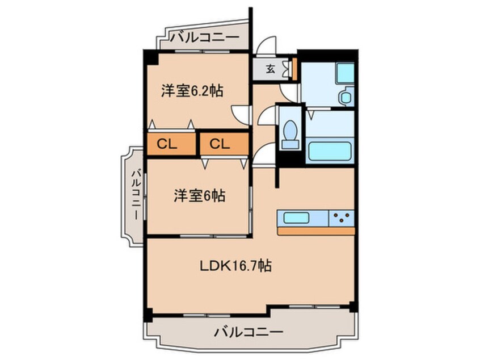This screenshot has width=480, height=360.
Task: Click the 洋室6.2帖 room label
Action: pos(192,90)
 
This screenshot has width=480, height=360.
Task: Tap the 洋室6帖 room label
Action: pos(200,195)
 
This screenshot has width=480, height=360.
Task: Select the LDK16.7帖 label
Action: pos(235,265)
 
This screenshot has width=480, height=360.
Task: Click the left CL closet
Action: pos(171,144)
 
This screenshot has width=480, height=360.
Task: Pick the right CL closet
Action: pos(224,144)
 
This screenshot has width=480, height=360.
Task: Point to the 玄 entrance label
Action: pos(270,69)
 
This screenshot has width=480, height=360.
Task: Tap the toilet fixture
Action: pos(290,135)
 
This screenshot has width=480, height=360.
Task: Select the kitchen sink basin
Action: pos(296,218)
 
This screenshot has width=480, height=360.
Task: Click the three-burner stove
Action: pos(342,218)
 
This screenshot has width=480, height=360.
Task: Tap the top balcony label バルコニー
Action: pos(204,37)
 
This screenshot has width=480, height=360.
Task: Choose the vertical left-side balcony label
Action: pos(136,194)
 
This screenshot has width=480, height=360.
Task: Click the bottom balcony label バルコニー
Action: pos(249,332)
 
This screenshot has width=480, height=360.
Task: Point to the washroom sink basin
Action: pos(346,96)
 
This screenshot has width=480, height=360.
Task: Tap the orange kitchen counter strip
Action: pos(316,231)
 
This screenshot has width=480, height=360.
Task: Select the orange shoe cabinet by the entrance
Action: pos(294,69)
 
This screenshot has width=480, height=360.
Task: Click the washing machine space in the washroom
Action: pos(346,73)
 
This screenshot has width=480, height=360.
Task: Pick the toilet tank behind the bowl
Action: pos(290,144)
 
